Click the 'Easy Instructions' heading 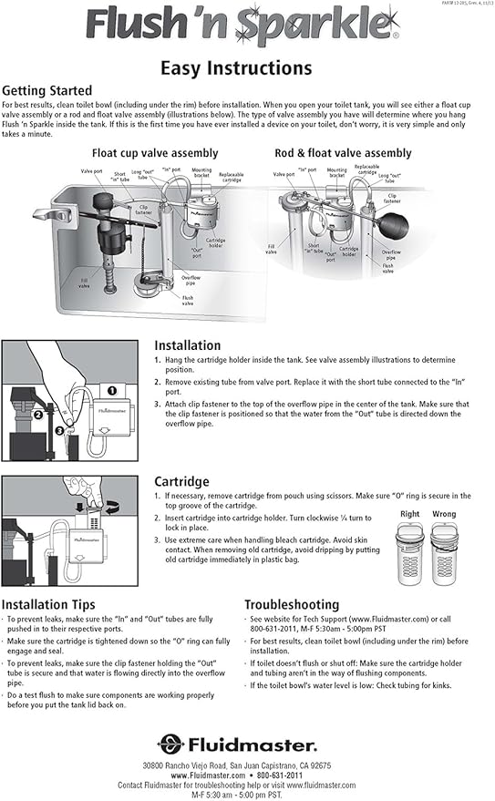[x=236, y=67]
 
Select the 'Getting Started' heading [x=46, y=91]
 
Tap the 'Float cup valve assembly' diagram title [x=155, y=153]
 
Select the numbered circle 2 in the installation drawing [x=39, y=413]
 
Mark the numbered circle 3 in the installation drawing [x=58, y=429]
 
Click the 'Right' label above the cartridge [x=409, y=515]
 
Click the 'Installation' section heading [x=187, y=345]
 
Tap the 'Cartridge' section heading [x=181, y=481]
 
